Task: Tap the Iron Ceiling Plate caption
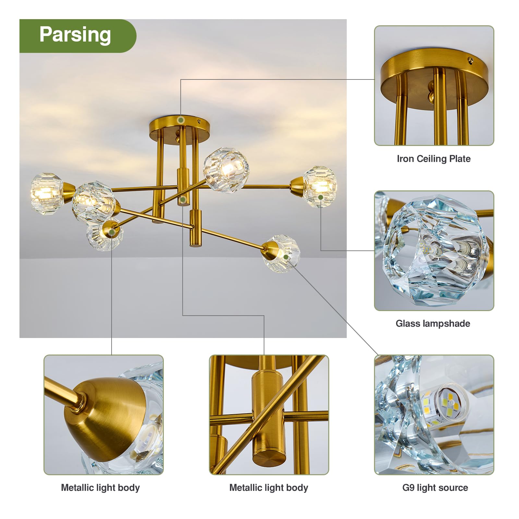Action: coord(434,159)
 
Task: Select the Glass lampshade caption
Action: coord(433,323)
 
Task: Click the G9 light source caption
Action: coord(435,488)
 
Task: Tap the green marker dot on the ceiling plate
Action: coord(181,120)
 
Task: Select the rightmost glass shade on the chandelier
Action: coord(319,187)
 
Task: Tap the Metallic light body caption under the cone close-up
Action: coord(100,488)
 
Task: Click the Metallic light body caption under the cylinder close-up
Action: coord(269,488)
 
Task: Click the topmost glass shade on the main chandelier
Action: coord(226,170)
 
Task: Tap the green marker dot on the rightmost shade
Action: coord(320,197)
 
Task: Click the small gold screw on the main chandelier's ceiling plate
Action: coord(199,121)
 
